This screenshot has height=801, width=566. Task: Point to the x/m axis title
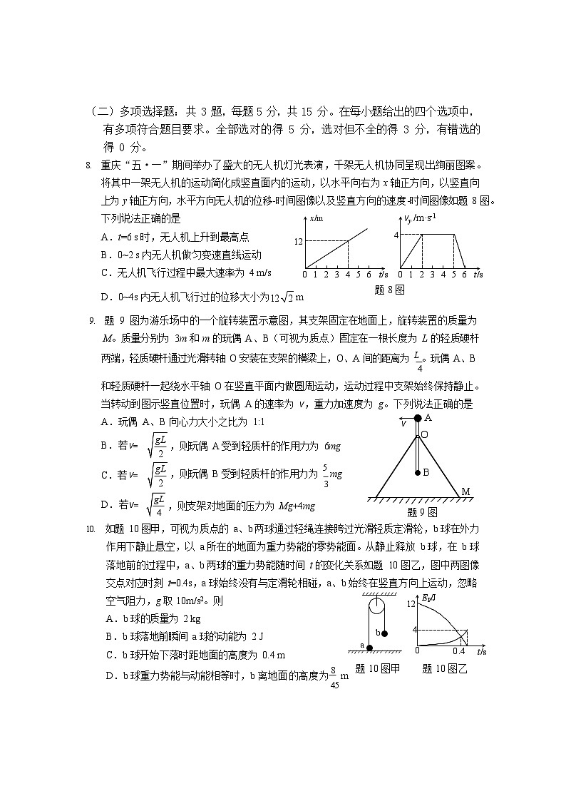click(x=317, y=218)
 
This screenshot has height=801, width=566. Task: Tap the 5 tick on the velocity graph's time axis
click(x=453, y=274)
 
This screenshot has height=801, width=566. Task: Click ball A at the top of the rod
click(x=418, y=418)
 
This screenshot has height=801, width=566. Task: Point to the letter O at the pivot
click(x=425, y=434)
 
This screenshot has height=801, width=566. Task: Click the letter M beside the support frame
click(x=465, y=491)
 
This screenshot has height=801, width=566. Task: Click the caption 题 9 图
click(x=422, y=512)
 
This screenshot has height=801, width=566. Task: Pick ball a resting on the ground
click(x=369, y=647)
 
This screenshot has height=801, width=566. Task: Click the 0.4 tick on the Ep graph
click(x=458, y=651)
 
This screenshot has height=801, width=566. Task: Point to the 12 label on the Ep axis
click(x=410, y=604)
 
